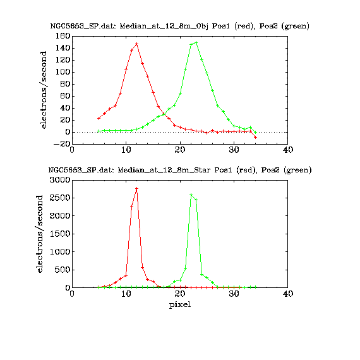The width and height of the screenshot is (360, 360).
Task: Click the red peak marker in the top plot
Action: pos(137,44)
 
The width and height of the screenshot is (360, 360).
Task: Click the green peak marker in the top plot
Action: pos(196,42)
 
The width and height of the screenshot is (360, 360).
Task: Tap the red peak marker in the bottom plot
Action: pos(137,188)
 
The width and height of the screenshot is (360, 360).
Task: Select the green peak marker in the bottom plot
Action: pos(191,195)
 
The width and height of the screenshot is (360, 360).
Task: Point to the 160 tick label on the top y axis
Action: pos(63,36)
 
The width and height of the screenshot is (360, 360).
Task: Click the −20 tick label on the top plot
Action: pos(61,144)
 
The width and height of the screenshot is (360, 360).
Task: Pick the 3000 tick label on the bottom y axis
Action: pos(60,180)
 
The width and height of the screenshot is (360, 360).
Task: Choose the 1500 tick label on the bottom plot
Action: pos(60,234)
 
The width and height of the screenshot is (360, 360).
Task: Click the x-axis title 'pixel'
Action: pos(180,305)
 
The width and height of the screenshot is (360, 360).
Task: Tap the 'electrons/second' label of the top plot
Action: pos(43,90)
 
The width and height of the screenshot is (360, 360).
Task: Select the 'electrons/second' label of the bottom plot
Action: pos(40,234)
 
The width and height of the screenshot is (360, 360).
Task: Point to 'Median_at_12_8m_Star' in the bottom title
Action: pos(164,170)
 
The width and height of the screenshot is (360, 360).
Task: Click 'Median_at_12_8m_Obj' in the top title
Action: pos(164,26)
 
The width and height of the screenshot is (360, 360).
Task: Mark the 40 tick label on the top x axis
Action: pos(288,150)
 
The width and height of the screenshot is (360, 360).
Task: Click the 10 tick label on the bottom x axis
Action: pos(126,294)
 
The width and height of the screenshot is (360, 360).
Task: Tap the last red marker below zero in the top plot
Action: pos(255,137)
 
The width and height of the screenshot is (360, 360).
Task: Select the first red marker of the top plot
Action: pos(99,118)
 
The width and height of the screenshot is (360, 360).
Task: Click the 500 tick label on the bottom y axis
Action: pos(62,270)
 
